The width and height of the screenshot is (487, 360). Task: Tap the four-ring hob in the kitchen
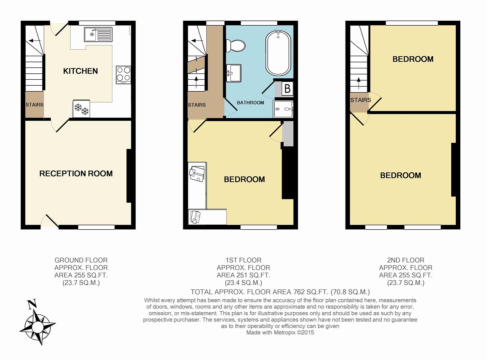point(123,75)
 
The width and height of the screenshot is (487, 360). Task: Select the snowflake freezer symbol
point(81,109)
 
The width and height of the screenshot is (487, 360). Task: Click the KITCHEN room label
point(80,71)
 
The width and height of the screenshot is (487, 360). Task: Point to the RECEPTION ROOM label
point(76,174)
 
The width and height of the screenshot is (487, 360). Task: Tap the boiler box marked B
point(287,89)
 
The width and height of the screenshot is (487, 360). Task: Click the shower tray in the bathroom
point(283,109)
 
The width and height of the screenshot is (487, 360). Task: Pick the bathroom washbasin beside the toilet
point(233,73)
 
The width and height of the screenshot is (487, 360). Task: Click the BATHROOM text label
point(250,103)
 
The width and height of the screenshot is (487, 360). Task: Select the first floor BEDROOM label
point(244,180)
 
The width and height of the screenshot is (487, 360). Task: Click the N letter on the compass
point(32,304)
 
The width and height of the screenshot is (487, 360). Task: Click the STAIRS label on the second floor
point(361,100)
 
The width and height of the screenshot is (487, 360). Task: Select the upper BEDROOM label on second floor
point(413,59)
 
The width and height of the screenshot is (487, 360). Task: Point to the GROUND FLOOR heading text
point(81,260)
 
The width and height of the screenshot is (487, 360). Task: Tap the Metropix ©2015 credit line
point(280,332)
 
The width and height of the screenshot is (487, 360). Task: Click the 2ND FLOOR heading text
point(406,260)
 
